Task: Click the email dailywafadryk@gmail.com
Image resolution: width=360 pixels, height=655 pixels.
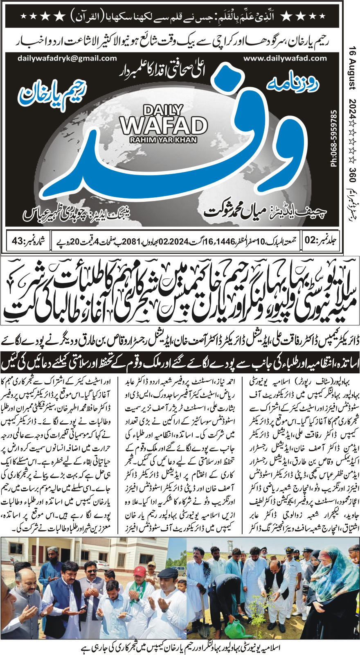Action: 67,59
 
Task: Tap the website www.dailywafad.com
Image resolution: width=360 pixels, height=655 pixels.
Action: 285,59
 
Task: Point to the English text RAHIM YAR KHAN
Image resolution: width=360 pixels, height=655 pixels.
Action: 163,140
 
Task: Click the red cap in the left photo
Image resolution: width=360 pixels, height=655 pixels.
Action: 139,569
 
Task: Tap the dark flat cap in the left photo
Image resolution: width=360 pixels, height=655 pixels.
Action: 167,571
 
